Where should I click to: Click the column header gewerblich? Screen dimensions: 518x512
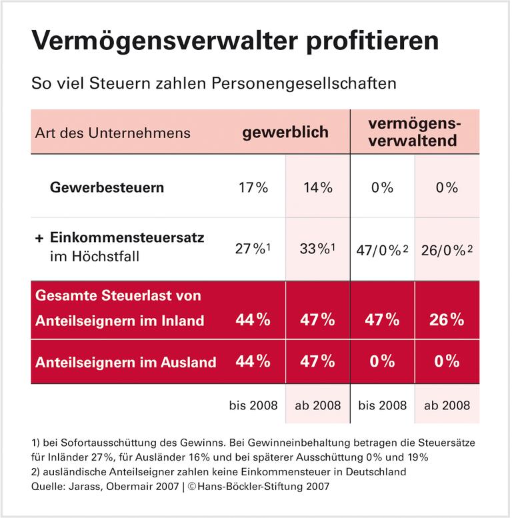click(x=285, y=131)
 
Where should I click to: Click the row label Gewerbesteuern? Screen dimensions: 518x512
click(x=107, y=187)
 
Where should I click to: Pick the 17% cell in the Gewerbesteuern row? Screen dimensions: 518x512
click(x=253, y=187)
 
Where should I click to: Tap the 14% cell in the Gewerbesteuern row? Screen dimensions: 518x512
click(x=317, y=187)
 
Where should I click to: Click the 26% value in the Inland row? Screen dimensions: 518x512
click(x=446, y=320)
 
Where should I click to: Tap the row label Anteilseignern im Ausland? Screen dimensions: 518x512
click(x=125, y=363)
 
